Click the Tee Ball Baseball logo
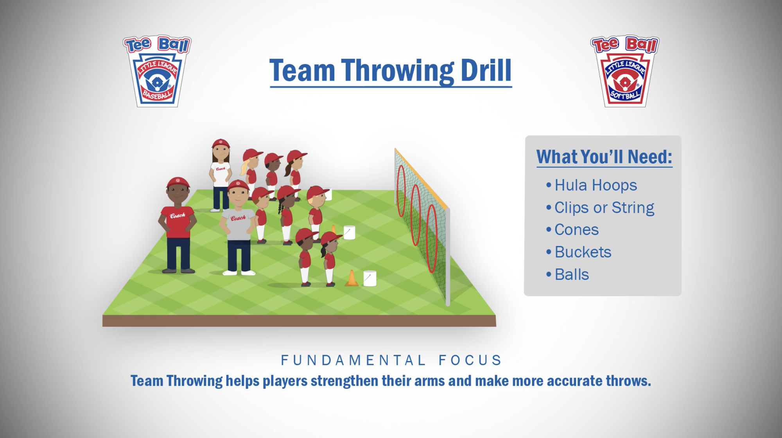click(x=157, y=71)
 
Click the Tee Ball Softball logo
click(x=624, y=71)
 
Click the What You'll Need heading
click(x=604, y=157)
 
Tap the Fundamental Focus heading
click(x=391, y=360)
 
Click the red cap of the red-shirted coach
click(x=178, y=182)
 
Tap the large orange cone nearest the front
click(x=351, y=278)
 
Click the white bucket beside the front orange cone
click(x=369, y=278)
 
